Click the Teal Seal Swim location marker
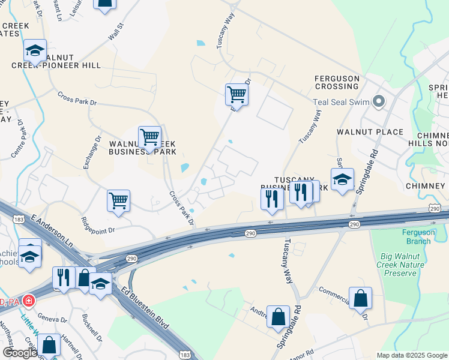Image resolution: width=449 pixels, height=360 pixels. pyautogui.click(x=378, y=102)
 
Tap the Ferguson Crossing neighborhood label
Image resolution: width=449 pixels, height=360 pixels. pyautogui.click(x=337, y=83)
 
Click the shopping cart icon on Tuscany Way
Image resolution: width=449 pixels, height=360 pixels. pyautogui.click(x=237, y=94)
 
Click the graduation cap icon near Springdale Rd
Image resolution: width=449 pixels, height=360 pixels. pyautogui.click(x=342, y=179)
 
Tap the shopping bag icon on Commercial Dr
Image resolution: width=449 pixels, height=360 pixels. pyautogui.click(x=360, y=298)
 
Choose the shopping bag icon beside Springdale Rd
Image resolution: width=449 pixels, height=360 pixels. pyautogui.click(x=279, y=317)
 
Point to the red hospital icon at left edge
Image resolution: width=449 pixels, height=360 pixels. pyautogui.click(x=28, y=301)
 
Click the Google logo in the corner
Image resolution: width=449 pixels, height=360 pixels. pyautogui.click(x=19, y=353)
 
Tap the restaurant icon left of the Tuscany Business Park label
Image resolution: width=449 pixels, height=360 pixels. pyautogui.click(x=272, y=198)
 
